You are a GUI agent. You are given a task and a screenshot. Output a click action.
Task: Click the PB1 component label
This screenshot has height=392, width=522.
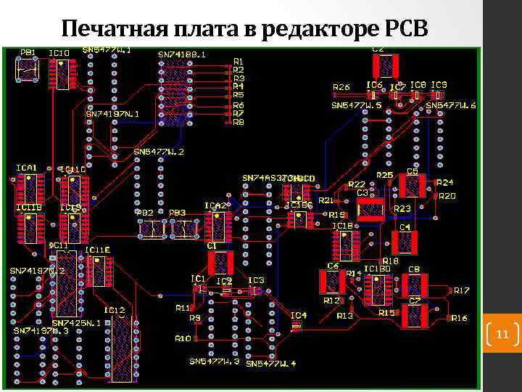tap(28, 52)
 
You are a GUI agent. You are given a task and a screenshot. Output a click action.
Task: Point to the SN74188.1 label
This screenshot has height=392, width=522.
tap(182, 53)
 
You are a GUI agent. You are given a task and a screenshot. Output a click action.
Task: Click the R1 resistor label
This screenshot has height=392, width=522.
tap(239, 61)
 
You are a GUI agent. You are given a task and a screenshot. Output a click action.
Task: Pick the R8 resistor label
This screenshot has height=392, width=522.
tap(239, 122)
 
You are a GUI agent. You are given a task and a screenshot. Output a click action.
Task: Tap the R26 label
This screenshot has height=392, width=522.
tap(341, 87)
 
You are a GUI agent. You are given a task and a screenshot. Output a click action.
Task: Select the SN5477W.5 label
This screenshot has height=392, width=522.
tap(357, 105)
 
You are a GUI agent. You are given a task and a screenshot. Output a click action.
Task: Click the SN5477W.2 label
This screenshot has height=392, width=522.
tap(159, 152)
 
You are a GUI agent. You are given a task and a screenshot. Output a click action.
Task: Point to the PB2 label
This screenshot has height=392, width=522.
tap(145, 213)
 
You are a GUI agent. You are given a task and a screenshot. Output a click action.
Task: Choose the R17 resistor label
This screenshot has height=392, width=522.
tap(462, 290)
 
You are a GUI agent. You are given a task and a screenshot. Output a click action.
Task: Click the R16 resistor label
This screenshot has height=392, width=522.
tap(459, 318)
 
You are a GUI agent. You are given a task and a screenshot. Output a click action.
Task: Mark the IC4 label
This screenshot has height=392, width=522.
tap(298, 315)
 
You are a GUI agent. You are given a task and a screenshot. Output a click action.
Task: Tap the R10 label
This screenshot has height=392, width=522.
tap(183, 338)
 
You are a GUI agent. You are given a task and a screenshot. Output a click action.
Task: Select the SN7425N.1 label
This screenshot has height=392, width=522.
tap(76, 323)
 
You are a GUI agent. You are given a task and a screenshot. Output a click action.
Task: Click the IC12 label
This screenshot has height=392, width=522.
tap(115, 311)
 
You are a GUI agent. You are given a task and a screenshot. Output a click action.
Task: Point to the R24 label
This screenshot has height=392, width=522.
tap(444, 182)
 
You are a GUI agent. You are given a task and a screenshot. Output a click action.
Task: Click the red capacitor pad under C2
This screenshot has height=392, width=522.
tap(386, 66)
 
